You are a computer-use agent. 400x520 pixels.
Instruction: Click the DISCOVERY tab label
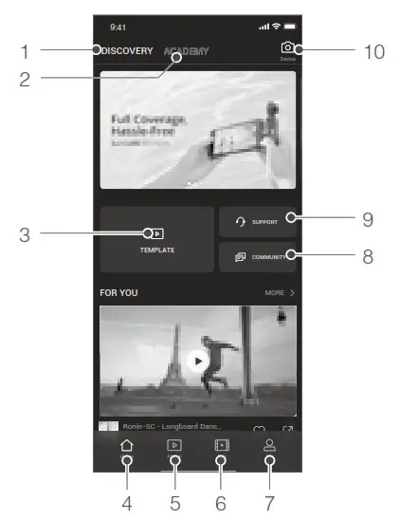tap(127, 50)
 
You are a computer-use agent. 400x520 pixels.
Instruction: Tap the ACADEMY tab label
tap(186, 50)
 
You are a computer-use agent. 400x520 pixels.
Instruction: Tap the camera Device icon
tap(287, 48)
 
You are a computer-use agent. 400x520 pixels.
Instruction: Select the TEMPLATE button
tap(156, 239)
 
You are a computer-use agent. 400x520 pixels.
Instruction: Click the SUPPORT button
tap(258, 222)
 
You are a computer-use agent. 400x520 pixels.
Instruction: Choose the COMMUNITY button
tap(258, 257)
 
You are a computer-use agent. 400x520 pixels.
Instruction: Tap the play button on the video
tap(197, 360)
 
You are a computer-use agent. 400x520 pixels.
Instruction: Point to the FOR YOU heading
tap(118, 293)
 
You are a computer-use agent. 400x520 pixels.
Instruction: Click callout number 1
tap(26, 50)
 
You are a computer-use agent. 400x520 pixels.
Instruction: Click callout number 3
tap(26, 233)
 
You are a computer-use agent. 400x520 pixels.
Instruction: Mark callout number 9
tap(368, 218)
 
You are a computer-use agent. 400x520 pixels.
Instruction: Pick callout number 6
tap(222, 502)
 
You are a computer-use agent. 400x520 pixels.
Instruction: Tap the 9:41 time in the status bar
tap(118, 26)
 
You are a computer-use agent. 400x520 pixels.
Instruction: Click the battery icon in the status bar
tap(289, 26)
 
